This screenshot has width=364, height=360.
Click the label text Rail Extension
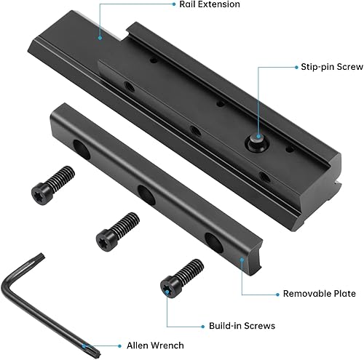pos(209,5)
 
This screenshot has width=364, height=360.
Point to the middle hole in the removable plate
pos(145,195)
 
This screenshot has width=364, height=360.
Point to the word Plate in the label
pos(341,294)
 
